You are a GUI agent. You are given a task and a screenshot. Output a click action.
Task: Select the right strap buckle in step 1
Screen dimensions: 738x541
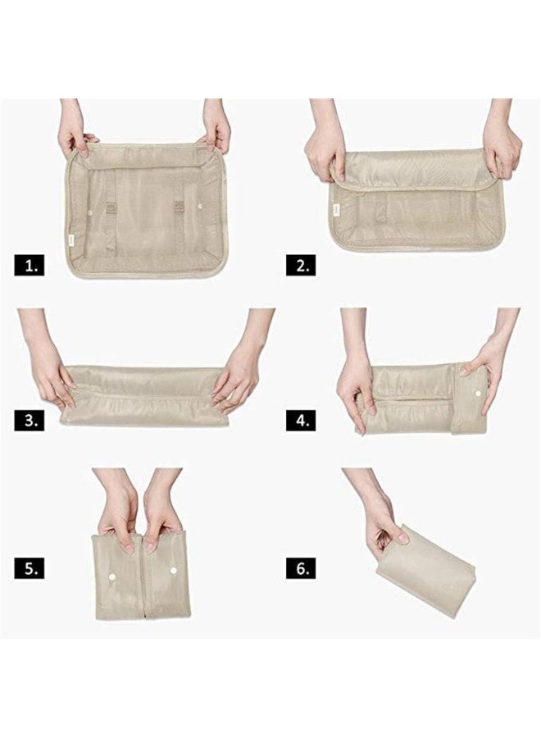[179, 206]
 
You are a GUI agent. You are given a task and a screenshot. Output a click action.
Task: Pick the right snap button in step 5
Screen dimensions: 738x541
[174, 570]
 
